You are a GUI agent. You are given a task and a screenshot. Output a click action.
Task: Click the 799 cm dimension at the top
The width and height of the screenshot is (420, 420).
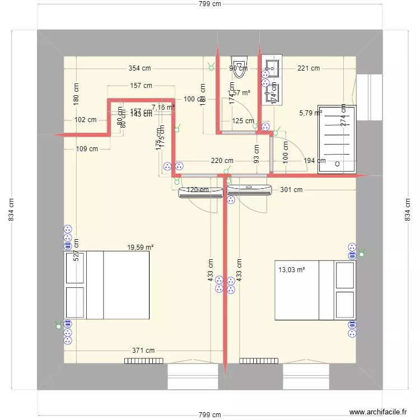tap(209, 4)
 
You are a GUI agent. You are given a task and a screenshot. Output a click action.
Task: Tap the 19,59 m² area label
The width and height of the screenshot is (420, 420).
tap(140, 246)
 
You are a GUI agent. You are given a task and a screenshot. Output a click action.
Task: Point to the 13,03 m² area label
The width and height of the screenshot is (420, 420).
tap(292, 269)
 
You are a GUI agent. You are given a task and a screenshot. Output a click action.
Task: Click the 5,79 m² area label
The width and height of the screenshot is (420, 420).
tap(310, 113)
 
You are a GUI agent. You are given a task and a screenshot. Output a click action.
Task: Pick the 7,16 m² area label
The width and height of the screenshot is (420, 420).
tap(163, 107)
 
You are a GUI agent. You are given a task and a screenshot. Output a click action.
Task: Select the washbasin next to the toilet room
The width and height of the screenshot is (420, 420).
tap(272, 68)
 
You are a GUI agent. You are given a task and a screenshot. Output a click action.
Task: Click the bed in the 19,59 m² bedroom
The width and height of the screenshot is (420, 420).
tap(107, 286)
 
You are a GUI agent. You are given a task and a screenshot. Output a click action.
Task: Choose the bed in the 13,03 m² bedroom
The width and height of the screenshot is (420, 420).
tap(315, 290)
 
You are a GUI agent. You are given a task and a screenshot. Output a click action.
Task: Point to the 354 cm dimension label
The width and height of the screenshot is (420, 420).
tap(139, 68)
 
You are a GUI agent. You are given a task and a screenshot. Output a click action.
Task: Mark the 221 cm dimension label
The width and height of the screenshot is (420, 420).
tap(308, 68)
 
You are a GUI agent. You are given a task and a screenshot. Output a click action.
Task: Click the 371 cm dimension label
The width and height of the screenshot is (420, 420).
tap(143, 350)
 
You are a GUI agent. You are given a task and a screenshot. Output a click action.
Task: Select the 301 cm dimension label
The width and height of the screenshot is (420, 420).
tap(291, 190)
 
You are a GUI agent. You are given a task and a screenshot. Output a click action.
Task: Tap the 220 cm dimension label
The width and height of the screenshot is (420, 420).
tap(222, 161)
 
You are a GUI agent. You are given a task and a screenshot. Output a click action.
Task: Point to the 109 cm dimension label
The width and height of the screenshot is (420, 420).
tap(86, 149)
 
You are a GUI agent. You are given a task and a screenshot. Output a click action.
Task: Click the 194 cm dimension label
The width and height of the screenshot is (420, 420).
tap(314, 161)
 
